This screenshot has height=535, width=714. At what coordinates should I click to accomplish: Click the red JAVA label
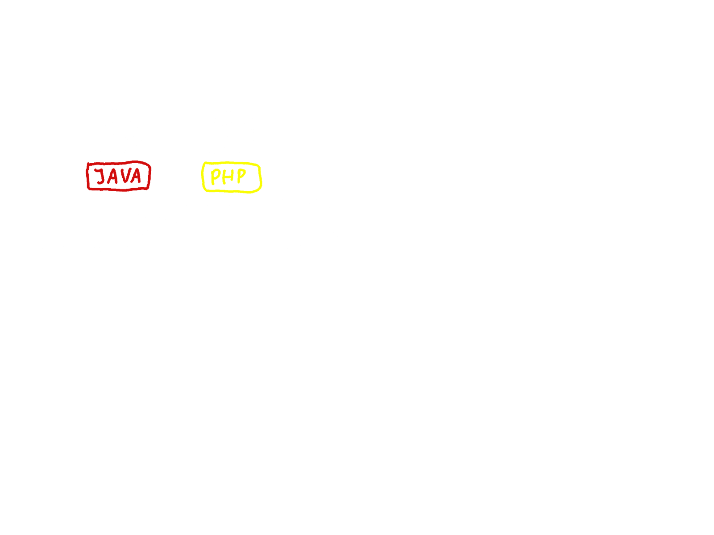point(119,176)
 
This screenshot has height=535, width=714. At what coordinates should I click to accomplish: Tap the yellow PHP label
point(231,177)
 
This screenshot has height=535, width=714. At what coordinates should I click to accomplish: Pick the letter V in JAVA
point(124,176)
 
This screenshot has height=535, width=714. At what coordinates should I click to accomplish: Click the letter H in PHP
point(228,177)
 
